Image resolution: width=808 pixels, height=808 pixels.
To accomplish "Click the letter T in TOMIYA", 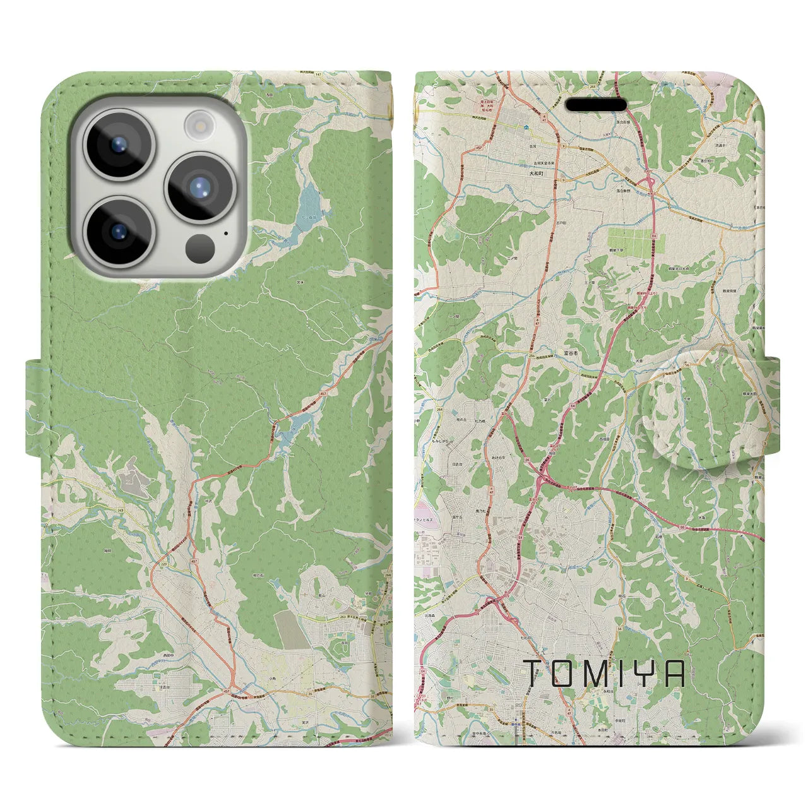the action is point(532,674).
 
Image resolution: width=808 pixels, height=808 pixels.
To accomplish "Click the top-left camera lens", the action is point(119,144).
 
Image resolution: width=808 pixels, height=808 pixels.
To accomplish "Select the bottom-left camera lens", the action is point(119,230).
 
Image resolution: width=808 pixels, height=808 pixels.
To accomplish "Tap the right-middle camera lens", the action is point(199,187).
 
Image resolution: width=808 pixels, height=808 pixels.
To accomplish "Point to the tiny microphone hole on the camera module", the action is point(226,232).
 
